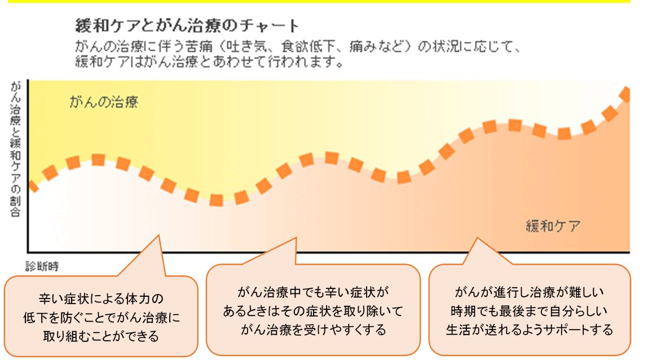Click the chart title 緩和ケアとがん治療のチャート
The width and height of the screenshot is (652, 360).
click(x=187, y=26)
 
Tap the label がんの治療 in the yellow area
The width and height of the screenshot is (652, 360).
click(x=104, y=102)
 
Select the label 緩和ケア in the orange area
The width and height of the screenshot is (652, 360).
click(x=553, y=226)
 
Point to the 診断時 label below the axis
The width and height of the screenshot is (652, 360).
click(x=42, y=266)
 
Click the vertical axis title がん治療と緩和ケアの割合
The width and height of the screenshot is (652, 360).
click(x=15, y=149)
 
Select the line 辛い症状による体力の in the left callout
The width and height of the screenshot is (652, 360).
click(x=101, y=299)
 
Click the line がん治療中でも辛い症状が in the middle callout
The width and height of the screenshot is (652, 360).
click(x=313, y=292)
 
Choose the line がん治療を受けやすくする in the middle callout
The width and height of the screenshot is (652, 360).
click(x=313, y=330)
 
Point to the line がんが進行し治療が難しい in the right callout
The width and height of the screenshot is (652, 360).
click(x=530, y=292)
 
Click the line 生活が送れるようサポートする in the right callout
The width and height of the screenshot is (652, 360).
click(x=530, y=330)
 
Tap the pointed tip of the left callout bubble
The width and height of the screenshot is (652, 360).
click(x=159, y=235)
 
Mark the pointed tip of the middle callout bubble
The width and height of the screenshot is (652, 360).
click(x=296, y=238)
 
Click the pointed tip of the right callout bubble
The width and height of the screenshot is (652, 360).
click(x=477, y=238)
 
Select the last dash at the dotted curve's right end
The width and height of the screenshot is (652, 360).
click(x=625, y=94)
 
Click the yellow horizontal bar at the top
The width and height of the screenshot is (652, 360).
click(x=319, y=1)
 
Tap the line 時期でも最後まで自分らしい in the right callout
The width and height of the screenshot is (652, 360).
click(x=530, y=311)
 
